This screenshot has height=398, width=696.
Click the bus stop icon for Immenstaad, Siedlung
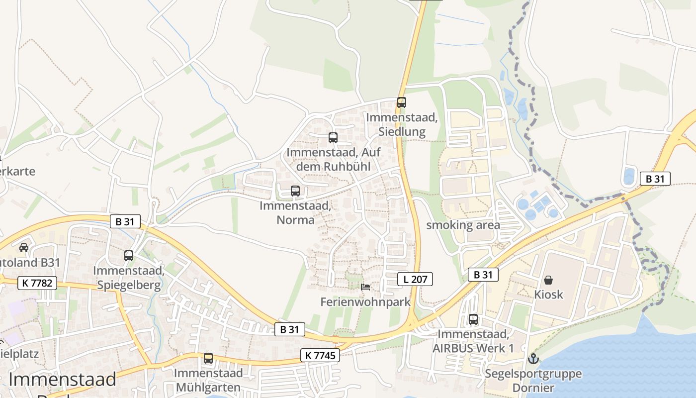click(x=402, y=102)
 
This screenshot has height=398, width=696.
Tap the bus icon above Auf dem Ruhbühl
click(x=333, y=138)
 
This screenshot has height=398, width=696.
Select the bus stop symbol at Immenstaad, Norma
click(x=295, y=191)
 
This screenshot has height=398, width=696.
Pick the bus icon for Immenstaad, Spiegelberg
click(x=129, y=256)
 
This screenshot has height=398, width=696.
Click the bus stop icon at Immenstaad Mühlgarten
click(x=208, y=358)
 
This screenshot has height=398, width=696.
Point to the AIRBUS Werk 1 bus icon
click(x=473, y=319)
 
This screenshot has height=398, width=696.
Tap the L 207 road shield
click(x=415, y=279)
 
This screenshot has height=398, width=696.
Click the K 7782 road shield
click(x=37, y=283)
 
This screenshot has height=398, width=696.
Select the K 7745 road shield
click(x=320, y=355)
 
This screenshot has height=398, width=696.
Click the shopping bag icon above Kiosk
click(x=548, y=280)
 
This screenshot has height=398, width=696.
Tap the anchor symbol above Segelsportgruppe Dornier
click(x=533, y=358)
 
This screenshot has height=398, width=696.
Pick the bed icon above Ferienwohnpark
click(x=365, y=287)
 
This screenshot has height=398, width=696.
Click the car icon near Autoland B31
click(x=23, y=247)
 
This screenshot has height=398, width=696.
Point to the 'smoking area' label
click(x=463, y=225)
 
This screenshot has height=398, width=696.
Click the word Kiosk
click(x=549, y=295)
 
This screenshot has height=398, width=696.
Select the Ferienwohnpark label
click(x=365, y=302)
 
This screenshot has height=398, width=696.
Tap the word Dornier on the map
click(x=533, y=388)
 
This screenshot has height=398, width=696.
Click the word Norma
click(x=297, y=219)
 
